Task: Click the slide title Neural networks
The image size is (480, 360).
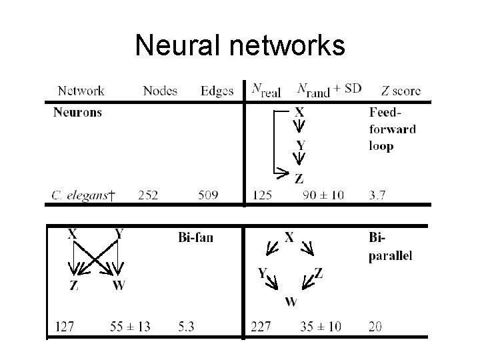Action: click(240, 45)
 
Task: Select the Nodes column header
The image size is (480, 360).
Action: click(160, 91)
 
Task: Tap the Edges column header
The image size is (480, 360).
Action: click(217, 91)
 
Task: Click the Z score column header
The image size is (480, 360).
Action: click(401, 91)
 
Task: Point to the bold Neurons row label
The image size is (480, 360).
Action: click(77, 112)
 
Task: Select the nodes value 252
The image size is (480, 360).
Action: click(149, 195)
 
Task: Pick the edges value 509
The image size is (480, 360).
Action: click(209, 195)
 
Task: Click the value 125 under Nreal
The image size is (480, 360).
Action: click(263, 195)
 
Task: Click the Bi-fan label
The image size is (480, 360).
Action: click(196, 237)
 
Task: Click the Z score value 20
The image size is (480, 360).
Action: click(375, 327)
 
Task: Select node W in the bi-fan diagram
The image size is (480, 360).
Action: click(118, 285)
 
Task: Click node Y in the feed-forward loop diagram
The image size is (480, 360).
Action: click(300, 145)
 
